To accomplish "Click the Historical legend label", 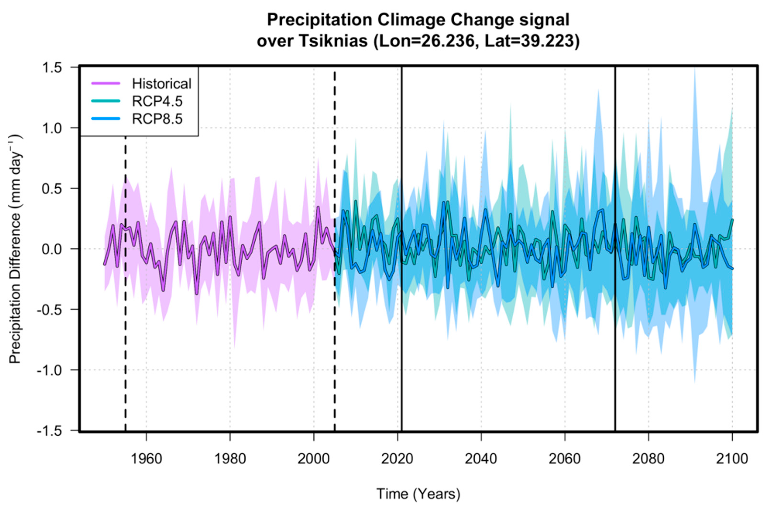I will pyautogui.click(x=162, y=84).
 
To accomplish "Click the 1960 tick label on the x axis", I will pyautogui.click(x=146, y=459).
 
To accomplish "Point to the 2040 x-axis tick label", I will pyautogui.click(x=481, y=459).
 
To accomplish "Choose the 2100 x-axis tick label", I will pyautogui.click(x=732, y=459).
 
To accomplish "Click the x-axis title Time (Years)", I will pyautogui.click(x=418, y=494).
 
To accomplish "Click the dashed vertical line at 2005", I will pyautogui.click(x=335, y=358).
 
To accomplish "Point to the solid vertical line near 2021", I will pyautogui.click(x=402, y=358).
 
